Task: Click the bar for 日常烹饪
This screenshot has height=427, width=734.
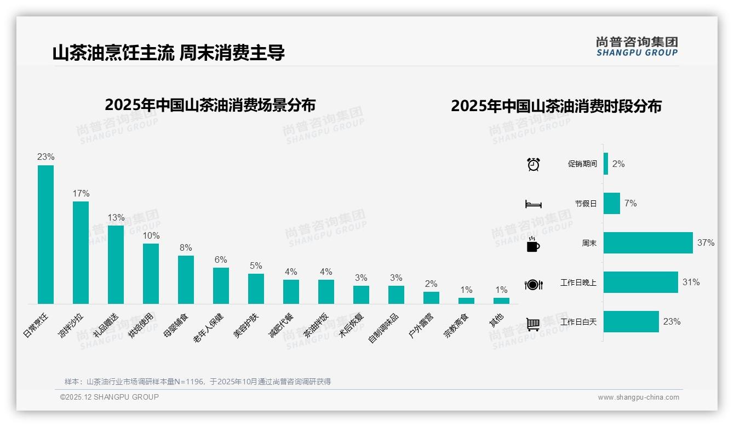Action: (x=45, y=234)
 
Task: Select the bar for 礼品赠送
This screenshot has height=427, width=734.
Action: (x=116, y=264)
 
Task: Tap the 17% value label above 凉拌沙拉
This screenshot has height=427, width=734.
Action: (x=81, y=193)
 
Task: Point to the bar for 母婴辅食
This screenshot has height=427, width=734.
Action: (x=186, y=279)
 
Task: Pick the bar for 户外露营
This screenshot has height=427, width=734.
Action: (x=431, y=297)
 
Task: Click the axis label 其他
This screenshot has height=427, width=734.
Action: (x=496, y=321)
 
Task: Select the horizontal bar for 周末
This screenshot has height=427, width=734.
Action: (x=648, y=243)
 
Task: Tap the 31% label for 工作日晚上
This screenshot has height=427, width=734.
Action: (x=691, y=282)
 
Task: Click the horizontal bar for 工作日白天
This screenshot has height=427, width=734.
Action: (x=631, y=321)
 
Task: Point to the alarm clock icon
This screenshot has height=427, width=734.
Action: (x=533, y=164)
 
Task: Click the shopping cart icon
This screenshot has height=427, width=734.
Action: (x=533, y=324)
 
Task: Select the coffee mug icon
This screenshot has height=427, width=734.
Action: (x=533, y=245)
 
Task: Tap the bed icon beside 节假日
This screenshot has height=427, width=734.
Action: (x=533, y=204)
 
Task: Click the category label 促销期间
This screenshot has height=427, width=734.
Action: (x=582, y=164)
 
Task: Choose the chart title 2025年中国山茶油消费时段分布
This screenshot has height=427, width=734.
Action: (x=556, y=106)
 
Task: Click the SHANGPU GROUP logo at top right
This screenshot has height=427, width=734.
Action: (x=636, y=46)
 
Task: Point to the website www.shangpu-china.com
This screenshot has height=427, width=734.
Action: (x=638, y=397)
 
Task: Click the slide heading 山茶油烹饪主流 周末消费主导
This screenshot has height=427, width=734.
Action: (x=169, y=53)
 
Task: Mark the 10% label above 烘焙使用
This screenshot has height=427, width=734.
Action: (x=151, y=235)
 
